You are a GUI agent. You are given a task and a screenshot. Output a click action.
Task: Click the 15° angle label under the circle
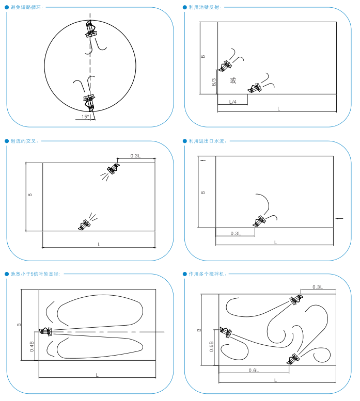pos(85,117)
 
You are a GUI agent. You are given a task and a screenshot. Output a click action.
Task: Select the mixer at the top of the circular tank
pos(91,28)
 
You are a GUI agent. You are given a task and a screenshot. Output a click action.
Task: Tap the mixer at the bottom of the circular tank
pos(89,101)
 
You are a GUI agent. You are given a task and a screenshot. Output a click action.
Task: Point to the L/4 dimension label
pos(232,102)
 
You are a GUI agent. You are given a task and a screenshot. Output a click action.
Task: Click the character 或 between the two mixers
pos(233,81)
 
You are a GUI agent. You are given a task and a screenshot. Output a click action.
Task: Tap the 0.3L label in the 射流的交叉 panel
pos(135,155)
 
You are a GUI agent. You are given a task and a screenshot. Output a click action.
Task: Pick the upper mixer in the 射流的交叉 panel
pos(113,169)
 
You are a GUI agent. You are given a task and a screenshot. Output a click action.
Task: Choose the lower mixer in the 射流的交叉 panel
pos(84,224)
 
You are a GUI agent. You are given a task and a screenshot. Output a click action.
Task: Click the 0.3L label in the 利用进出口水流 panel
pos(236,234)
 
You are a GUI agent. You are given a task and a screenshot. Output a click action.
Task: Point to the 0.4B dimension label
pos(32,346)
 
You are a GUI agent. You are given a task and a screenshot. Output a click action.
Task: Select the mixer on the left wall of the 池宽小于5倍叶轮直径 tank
pos(46,331)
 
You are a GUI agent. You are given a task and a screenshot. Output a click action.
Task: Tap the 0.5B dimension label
pos(211,346)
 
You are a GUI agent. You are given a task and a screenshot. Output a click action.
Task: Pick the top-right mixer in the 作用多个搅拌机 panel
pos(295,300)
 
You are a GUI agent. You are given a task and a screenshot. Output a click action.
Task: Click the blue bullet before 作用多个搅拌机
pos(185,274)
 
